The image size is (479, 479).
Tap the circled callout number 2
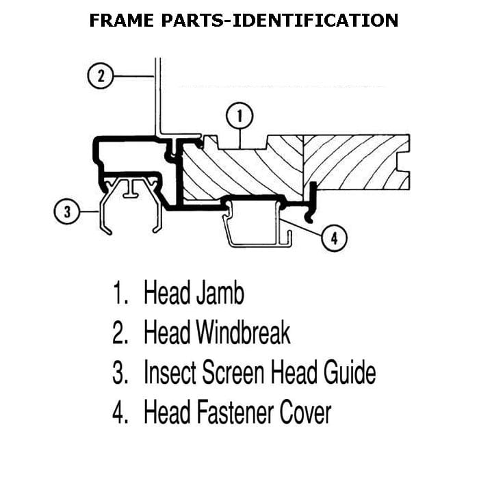[x=101, y=76]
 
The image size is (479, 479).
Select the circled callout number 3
[x=66, y=212]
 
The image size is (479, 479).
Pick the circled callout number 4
[x=334, y=238]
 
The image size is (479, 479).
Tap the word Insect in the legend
[x=168, y=374]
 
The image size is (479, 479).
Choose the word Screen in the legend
[x=233, y=374]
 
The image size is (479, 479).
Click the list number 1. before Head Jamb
[x=120, y=294]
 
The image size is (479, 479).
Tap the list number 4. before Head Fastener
[x=120, y=413]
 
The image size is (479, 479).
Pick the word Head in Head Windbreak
[x=166, y=333]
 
